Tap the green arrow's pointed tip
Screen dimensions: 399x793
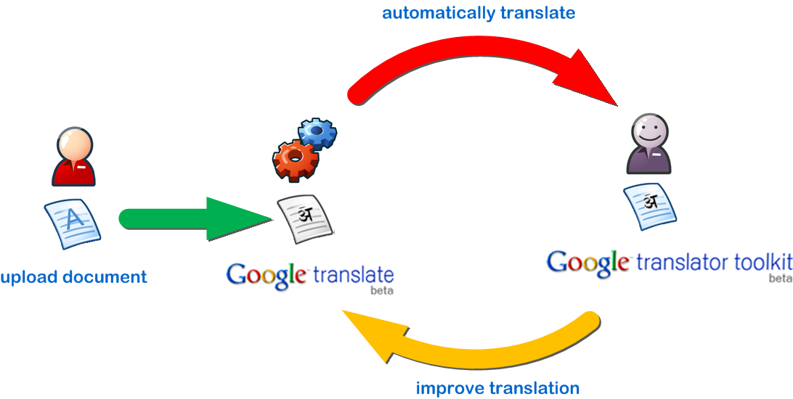[269, 218]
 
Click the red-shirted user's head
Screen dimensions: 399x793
[74, 147]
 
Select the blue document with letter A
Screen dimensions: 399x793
[73, 221]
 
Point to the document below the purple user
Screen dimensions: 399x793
[650, 207]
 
